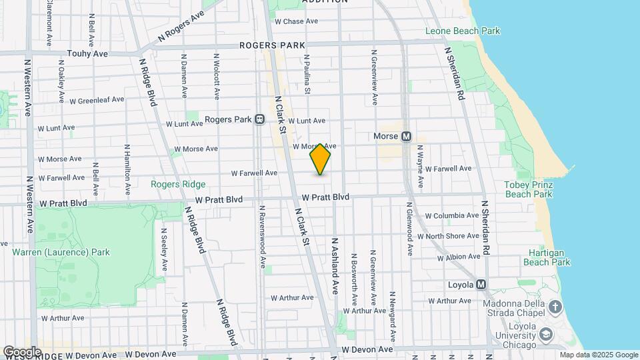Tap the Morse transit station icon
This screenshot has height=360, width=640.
tap(406, 136)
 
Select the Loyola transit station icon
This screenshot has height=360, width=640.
tap(481, 285)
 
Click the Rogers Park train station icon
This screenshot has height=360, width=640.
tap(260, 119)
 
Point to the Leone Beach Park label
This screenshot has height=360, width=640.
tap(463, 31)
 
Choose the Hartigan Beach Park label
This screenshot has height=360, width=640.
tap(549, 257)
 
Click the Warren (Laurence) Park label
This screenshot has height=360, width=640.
tap(61, 252)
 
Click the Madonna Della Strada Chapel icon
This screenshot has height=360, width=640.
tap(555, 307)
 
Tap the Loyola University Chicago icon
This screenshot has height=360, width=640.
tap(546, 333)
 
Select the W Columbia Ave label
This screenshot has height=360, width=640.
tap(452, 215)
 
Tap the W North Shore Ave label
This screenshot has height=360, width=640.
tap(449, 236)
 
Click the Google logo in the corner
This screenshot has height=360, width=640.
tap(23, 351)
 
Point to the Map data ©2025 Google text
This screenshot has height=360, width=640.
tap(598, 355)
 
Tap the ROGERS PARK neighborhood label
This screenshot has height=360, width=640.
tap(268, 45)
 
